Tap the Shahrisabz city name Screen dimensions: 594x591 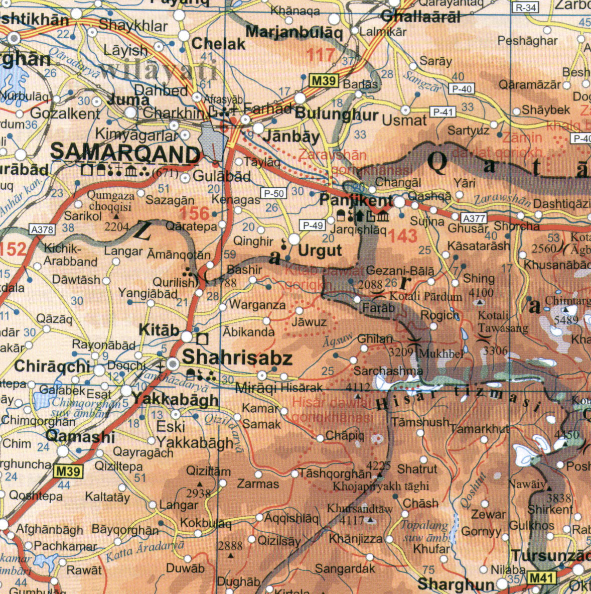(237, 358)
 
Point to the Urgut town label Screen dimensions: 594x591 (320, 251)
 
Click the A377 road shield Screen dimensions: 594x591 (474, 218)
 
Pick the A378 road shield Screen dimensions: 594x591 (42, 229)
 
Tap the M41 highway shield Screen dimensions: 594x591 (542, 578)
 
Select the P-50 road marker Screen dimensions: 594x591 (273, 193)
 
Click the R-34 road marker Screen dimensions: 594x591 (525, 8)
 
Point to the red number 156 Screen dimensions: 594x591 (194, 213)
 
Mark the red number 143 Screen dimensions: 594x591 (403, 235)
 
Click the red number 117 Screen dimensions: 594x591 (321, 54)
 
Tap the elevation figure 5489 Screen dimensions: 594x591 (566, 320)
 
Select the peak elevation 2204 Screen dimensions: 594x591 (117, 226)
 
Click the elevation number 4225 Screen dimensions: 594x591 (379, 465)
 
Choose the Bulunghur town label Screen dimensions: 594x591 (336, 114)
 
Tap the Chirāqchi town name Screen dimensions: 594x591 (52, 366)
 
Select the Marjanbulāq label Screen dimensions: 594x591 (294, 33)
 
